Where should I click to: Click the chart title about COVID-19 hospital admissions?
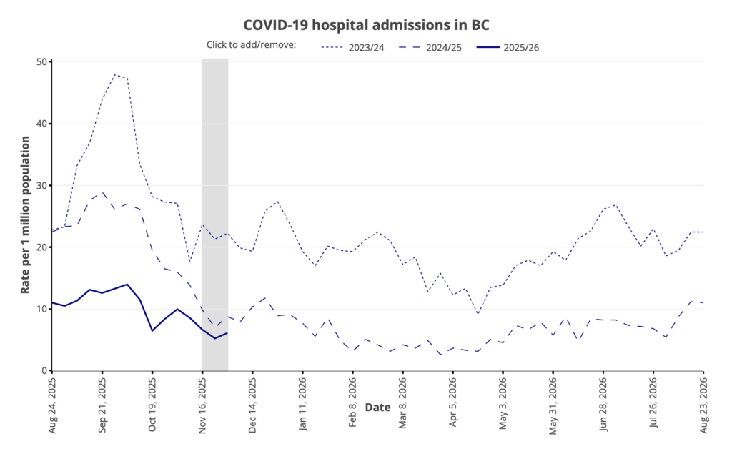pos(366,24)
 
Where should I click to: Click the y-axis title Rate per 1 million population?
pos(26,215)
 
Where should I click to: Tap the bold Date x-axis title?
pos(377,408)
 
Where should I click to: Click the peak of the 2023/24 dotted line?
pos(114,74)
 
